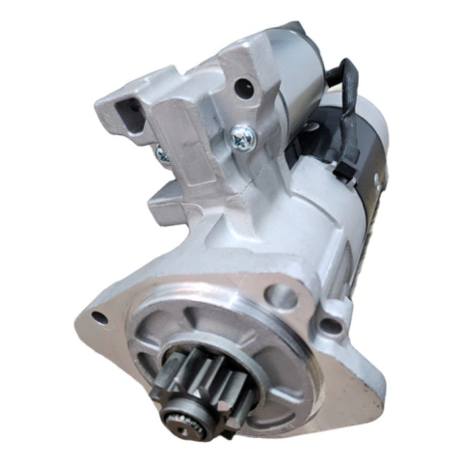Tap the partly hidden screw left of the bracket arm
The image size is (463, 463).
click(161, 153)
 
